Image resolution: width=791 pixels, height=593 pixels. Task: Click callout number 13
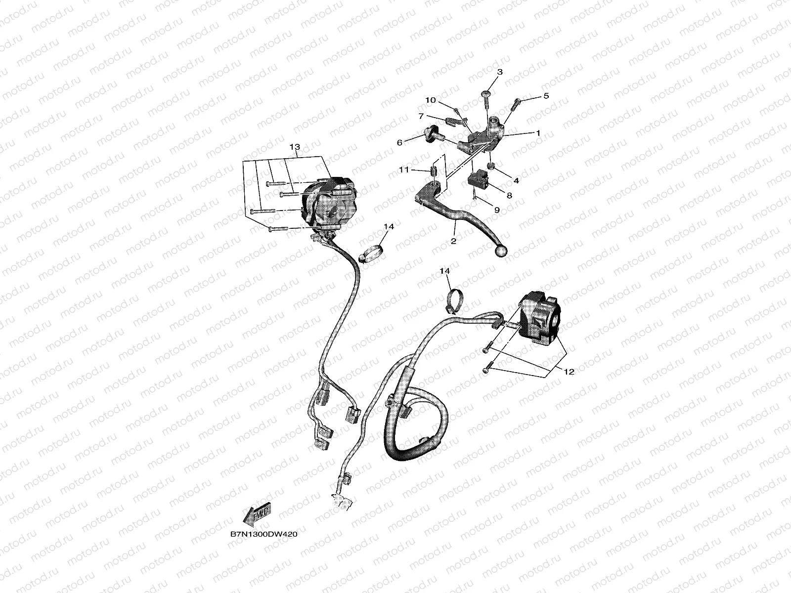(295, 147)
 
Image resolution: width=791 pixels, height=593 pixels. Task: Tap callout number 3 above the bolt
(499, 72)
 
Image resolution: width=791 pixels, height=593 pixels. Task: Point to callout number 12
(569, 372)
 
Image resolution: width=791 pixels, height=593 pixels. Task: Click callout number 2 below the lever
(453, 241)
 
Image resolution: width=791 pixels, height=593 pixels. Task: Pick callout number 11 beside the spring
(404, 169)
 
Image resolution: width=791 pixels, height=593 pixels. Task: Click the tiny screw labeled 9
(474, 197)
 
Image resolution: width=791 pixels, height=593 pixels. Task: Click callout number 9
(497, 210)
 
